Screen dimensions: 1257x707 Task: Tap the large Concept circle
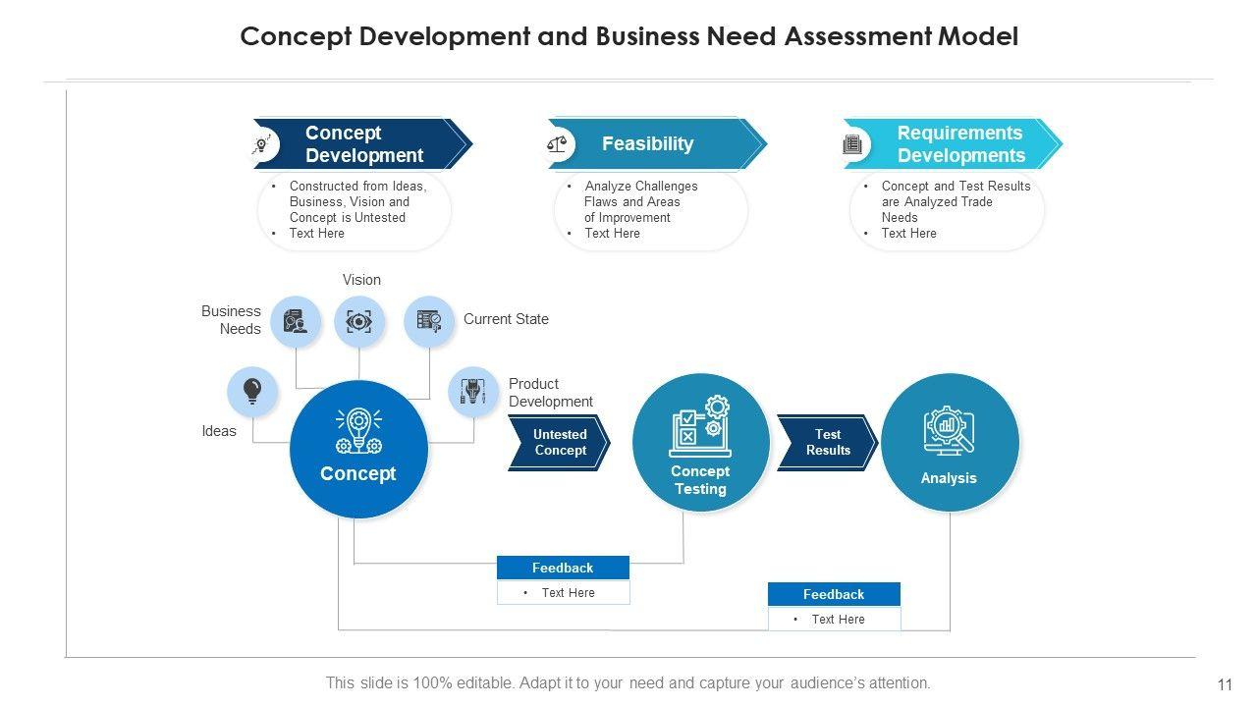[x=358, y=449]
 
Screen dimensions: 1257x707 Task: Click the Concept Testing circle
[x=700, y=443]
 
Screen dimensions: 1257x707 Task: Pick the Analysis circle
[x=949, y=443]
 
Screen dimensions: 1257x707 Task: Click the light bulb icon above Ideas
[x=252, y=391]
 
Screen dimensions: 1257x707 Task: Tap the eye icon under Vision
[x=359, y=321]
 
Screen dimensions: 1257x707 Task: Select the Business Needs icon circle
[x=295, y=321]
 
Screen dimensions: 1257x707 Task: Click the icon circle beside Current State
[x=429, y=321]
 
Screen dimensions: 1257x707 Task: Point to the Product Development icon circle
[x=473, y=391]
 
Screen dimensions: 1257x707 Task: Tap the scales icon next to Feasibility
[x=557, y=144]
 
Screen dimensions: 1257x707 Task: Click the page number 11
[x=1224, y=684]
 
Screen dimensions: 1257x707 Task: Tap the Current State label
[x=506, y=319]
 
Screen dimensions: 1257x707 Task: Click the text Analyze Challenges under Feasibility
[x=641, y=186]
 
